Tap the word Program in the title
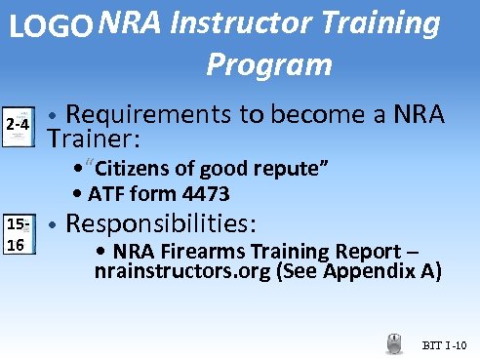[269, 64]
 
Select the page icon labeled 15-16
[18, 234]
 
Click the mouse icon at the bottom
[394, 342]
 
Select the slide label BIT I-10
[446, 345]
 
